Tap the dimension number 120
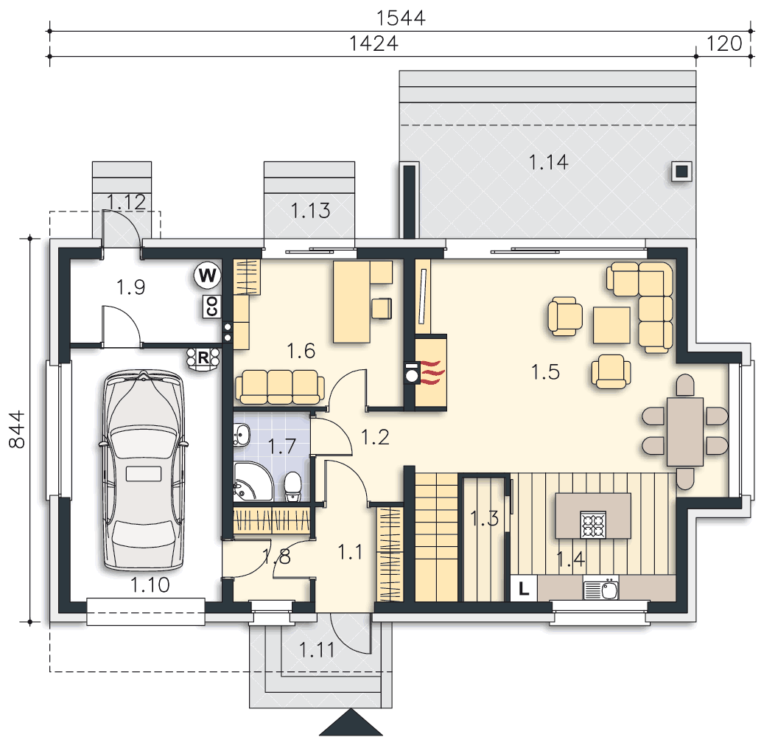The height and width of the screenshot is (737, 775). (x=723, y=43)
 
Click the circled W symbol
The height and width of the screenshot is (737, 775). (x=208, y=276)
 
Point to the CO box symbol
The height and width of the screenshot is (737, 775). (x=211, y=307)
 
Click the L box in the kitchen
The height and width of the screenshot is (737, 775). (x=524, y=589)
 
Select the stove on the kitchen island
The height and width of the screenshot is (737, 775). (x=594, y=524)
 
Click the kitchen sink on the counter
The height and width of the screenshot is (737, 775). (x=601, y=590)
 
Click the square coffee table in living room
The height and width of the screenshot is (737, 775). (x=611, y=326)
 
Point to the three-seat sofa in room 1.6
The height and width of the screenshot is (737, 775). (x=279, y=386)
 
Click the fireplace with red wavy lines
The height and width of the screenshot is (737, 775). (x=430, y=372)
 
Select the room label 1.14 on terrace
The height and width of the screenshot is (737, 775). (x=548, y=161)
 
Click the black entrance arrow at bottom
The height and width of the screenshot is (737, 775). (x=351, y=723)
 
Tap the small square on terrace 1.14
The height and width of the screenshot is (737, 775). (x=681, y=171)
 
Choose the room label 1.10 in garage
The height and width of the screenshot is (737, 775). (x=150, y=586)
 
